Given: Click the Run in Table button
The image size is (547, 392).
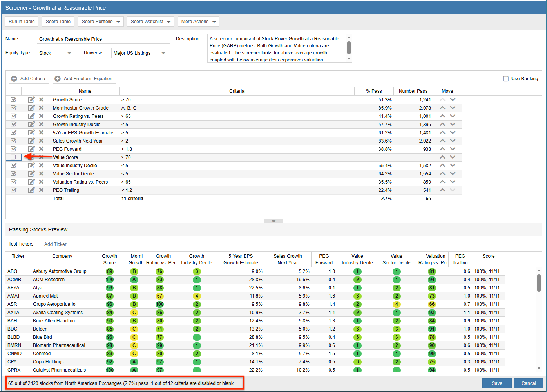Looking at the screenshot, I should (x=22, y=22).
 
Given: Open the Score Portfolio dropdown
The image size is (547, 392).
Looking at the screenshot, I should (x=101, y=22).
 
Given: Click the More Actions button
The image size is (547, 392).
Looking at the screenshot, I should (x=198, y=22).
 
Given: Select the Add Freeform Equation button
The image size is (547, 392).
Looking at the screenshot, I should (x=84, y=79).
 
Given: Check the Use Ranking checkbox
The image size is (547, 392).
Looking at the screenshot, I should (x=505, y=79).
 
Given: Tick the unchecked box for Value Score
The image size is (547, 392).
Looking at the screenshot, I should (x=13, y=157).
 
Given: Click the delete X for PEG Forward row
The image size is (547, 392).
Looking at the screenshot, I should (x=41, y=149).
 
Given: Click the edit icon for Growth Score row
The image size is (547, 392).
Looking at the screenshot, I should (x=31, y=99).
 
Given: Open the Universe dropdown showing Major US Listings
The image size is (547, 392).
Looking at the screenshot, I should (x=140, y=53).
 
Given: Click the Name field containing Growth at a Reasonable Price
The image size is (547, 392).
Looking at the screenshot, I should (x=103, y=39).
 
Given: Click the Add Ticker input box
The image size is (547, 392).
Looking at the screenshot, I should (x=62, y=244).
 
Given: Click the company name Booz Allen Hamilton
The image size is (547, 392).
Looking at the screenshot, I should (x=54, y=321).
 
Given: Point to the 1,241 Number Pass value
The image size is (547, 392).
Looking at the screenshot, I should (x=425, y=100).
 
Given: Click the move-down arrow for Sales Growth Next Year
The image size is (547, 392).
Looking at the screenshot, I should (x=453, y=141).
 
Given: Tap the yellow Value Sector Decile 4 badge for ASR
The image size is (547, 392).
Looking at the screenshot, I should (x=397, y=304).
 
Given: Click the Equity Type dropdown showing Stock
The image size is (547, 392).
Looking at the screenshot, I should (x=56, y=53).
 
